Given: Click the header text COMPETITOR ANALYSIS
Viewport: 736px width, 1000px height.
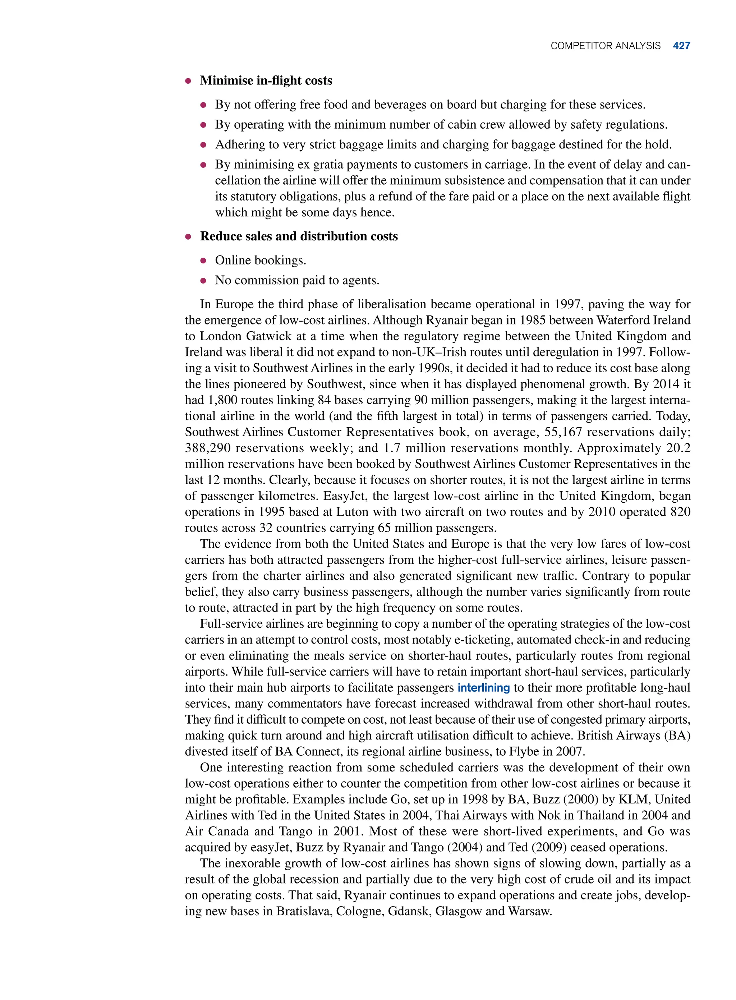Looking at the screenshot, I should pos(606,46).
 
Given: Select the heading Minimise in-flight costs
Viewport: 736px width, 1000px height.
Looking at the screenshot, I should pos(266,80).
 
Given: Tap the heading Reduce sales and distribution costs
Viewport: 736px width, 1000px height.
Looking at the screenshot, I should pos(299,236).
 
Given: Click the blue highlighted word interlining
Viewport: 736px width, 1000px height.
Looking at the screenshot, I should pos(483,687).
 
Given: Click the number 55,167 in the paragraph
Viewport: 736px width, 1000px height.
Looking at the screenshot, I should pos(560,432).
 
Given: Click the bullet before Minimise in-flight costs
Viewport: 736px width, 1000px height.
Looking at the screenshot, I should pos(188,81).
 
